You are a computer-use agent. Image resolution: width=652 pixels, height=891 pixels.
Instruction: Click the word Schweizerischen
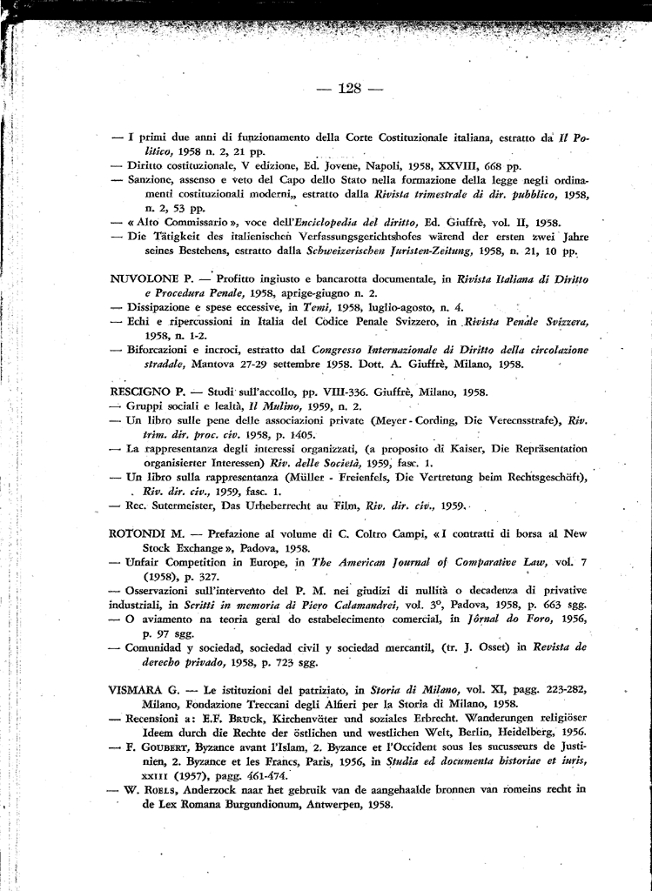347,251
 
